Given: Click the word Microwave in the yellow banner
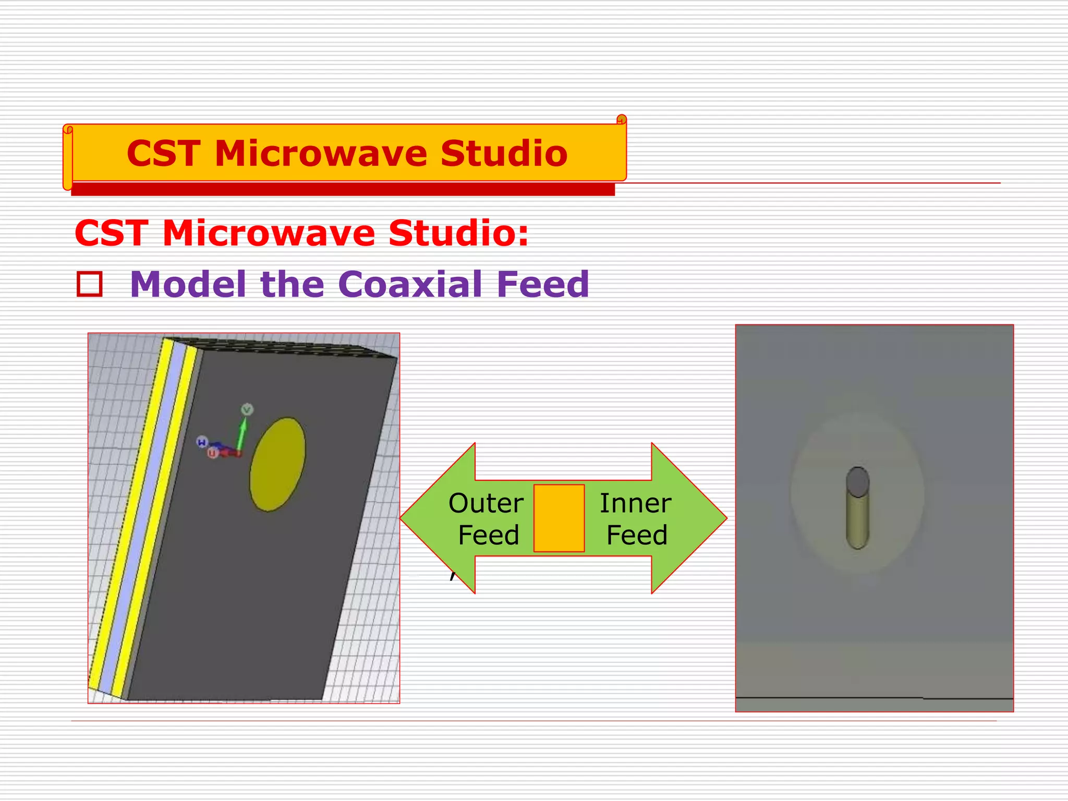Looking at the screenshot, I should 326,154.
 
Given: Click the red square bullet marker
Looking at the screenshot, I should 90,284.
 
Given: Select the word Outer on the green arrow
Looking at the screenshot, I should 486,503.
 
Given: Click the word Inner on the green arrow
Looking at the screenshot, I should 635,503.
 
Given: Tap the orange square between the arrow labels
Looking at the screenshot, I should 559,518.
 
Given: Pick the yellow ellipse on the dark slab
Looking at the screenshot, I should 277,464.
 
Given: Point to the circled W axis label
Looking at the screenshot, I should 202,442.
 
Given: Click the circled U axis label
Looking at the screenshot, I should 212,453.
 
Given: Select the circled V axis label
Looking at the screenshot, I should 247,409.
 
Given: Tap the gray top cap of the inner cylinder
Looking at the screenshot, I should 858,481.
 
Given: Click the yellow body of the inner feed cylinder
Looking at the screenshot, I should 857,521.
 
